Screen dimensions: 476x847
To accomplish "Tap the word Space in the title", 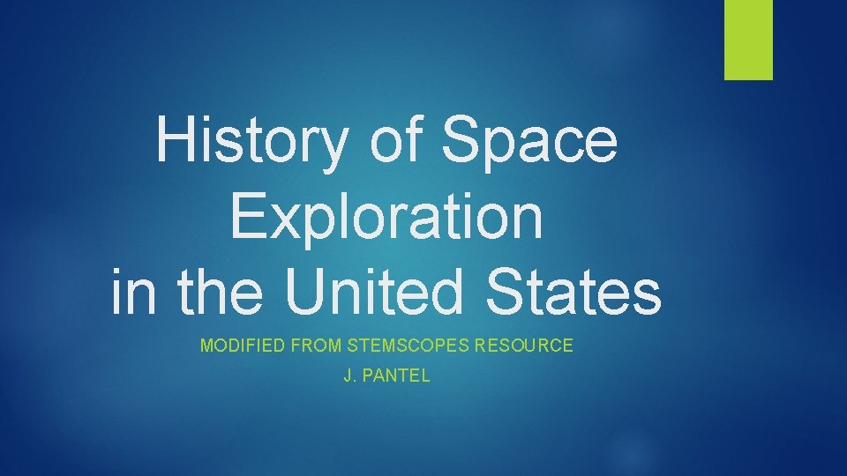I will click(529, 141).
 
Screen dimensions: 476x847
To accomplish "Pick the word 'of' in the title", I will click(397, 141).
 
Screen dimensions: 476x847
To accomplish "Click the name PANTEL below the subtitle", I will click(397, 376).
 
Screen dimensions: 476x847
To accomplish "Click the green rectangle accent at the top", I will click(748, 39).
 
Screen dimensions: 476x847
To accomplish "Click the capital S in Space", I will click(462, 141).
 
